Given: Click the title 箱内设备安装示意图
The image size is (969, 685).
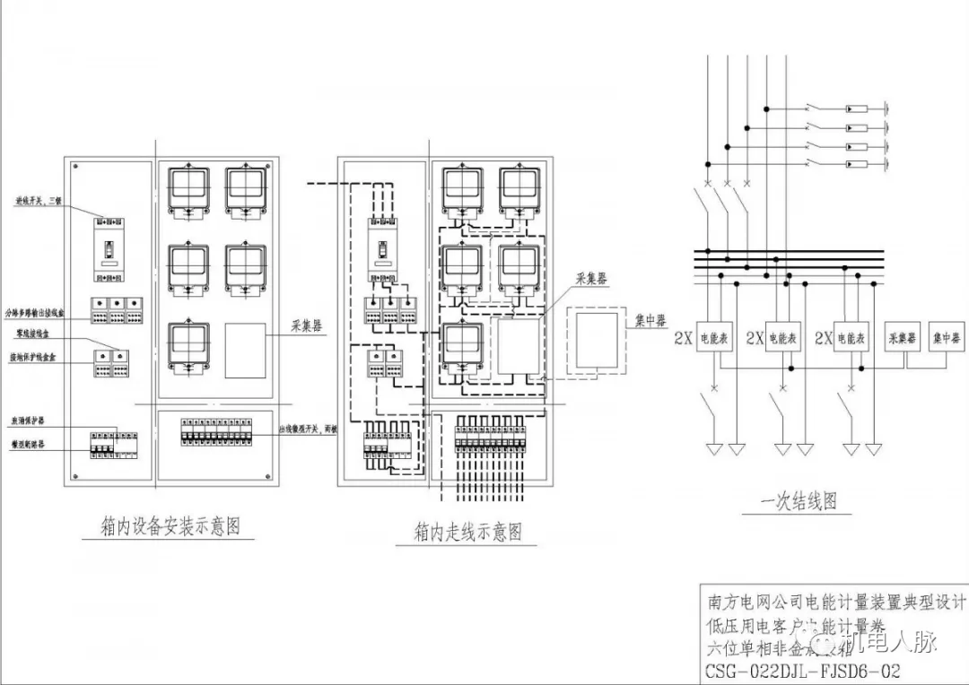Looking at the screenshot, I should click(171, 525).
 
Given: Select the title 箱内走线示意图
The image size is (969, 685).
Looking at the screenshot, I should click(467, 532).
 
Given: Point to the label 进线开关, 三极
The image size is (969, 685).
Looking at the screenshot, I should click(36, 200).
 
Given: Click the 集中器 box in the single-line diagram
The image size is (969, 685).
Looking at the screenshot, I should click(947, 339).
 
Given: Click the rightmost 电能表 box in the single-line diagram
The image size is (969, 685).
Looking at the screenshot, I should click(852, 339).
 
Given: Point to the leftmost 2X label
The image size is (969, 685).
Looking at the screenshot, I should click(684, 339).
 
